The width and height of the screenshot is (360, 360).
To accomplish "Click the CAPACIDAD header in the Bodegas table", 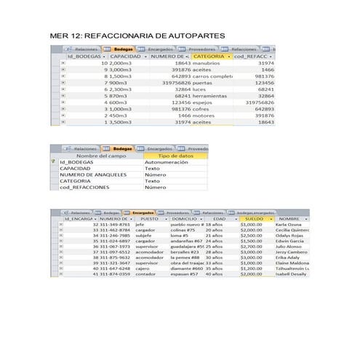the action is pos(125,56).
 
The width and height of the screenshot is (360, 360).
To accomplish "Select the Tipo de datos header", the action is pos(175,156).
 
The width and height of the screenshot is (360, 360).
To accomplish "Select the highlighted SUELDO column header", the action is pos(254,218).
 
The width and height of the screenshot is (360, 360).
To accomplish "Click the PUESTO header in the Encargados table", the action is pos(149,218).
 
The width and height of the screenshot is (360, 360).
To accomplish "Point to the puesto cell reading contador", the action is pos(145,274).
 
